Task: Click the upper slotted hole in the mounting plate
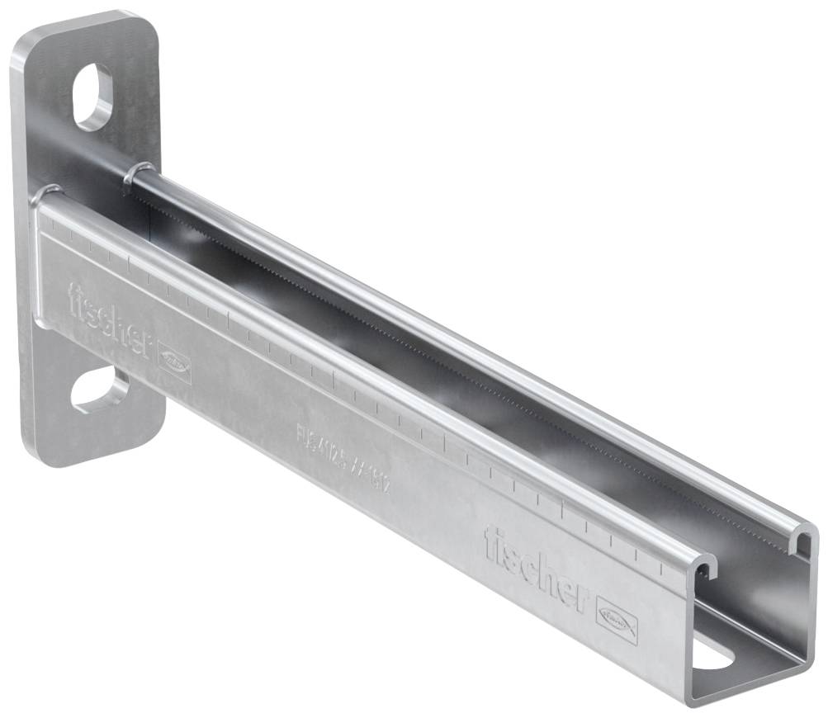pyautogui.click(x=92, y=96)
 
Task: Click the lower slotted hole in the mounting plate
pyautogui.click(x=100, y=390)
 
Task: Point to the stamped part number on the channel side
pyautogui.click(x=343, y=458)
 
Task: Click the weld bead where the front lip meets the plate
pyautogui.click(x=41, y=197)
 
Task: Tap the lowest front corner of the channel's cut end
pyautogui.click(x=691, y=701)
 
